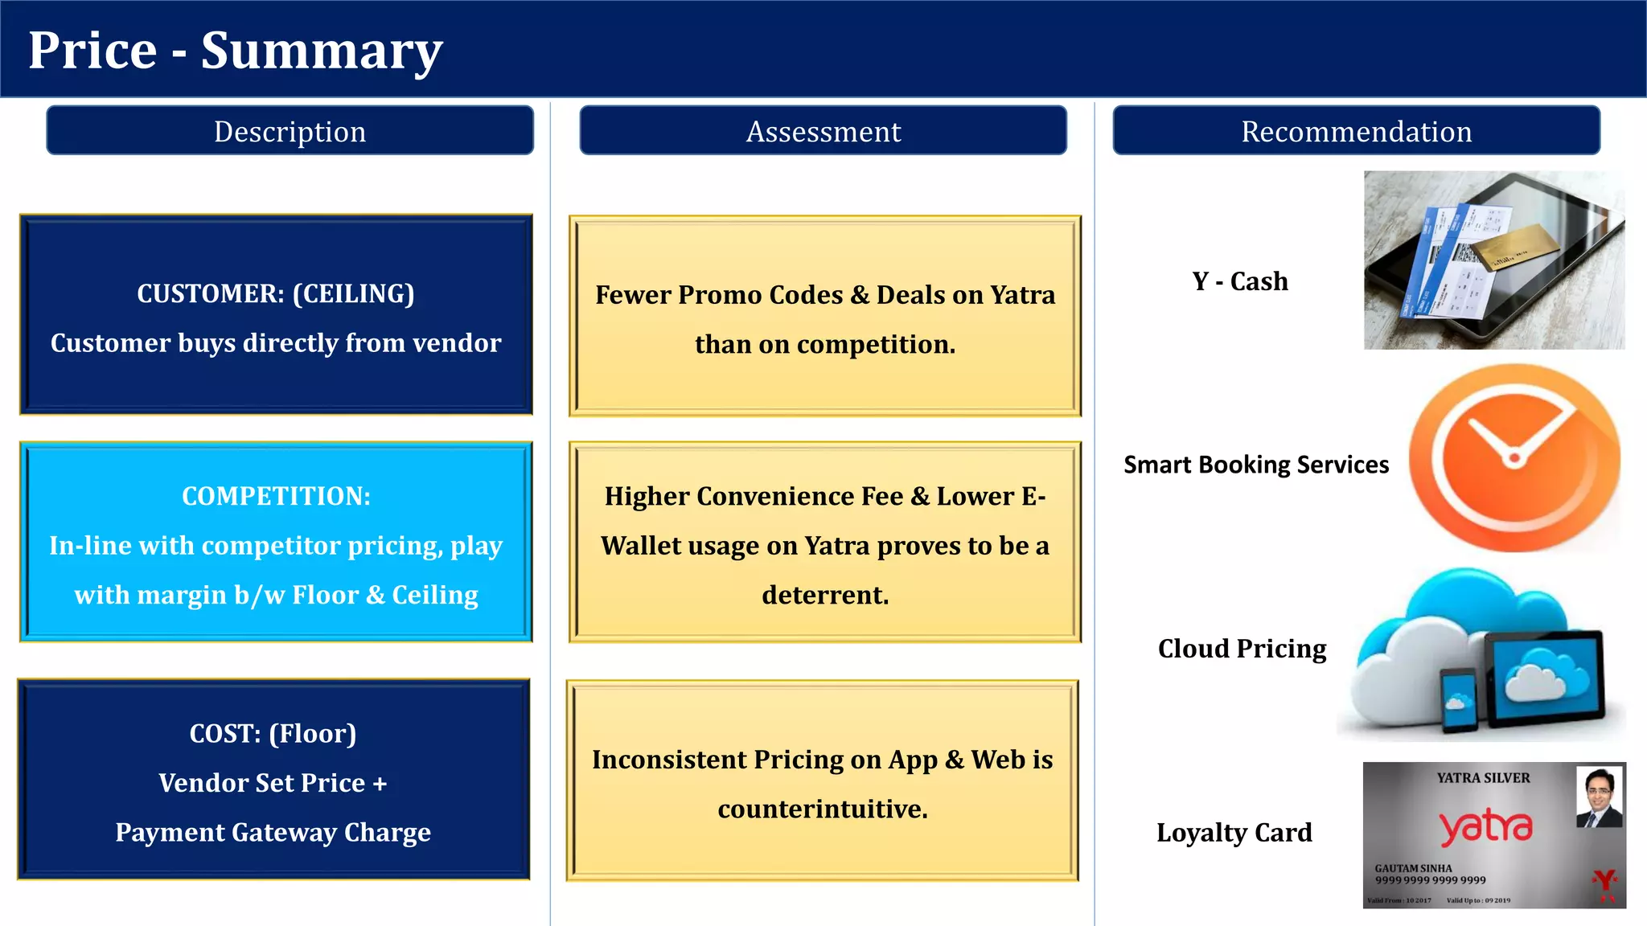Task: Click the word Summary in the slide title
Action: tap(322, 51)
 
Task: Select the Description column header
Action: tap(290, 131)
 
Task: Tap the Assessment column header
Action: tap(823, 131)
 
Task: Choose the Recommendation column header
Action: tap(1356, 131)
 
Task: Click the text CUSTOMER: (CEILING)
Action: tap(275, 294)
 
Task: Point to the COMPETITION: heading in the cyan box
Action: tap(276, 496)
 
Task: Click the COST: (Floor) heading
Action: tap(273, 733)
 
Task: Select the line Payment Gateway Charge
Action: tap(273, 832)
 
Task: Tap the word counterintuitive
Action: tap(823, 809)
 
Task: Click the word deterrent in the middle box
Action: tap(825, 595)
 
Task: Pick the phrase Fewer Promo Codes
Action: tap(719, 295)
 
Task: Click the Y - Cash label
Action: tap(1239, 281)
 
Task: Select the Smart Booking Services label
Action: tap(1255, 465)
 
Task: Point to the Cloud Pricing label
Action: tap(1242, 649)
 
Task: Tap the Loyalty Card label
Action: tap(1234, 833)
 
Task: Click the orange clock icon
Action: tap(1514, 458)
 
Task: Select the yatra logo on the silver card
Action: tap(1485, 827)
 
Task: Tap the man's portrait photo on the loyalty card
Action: tap(1599, 797)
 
